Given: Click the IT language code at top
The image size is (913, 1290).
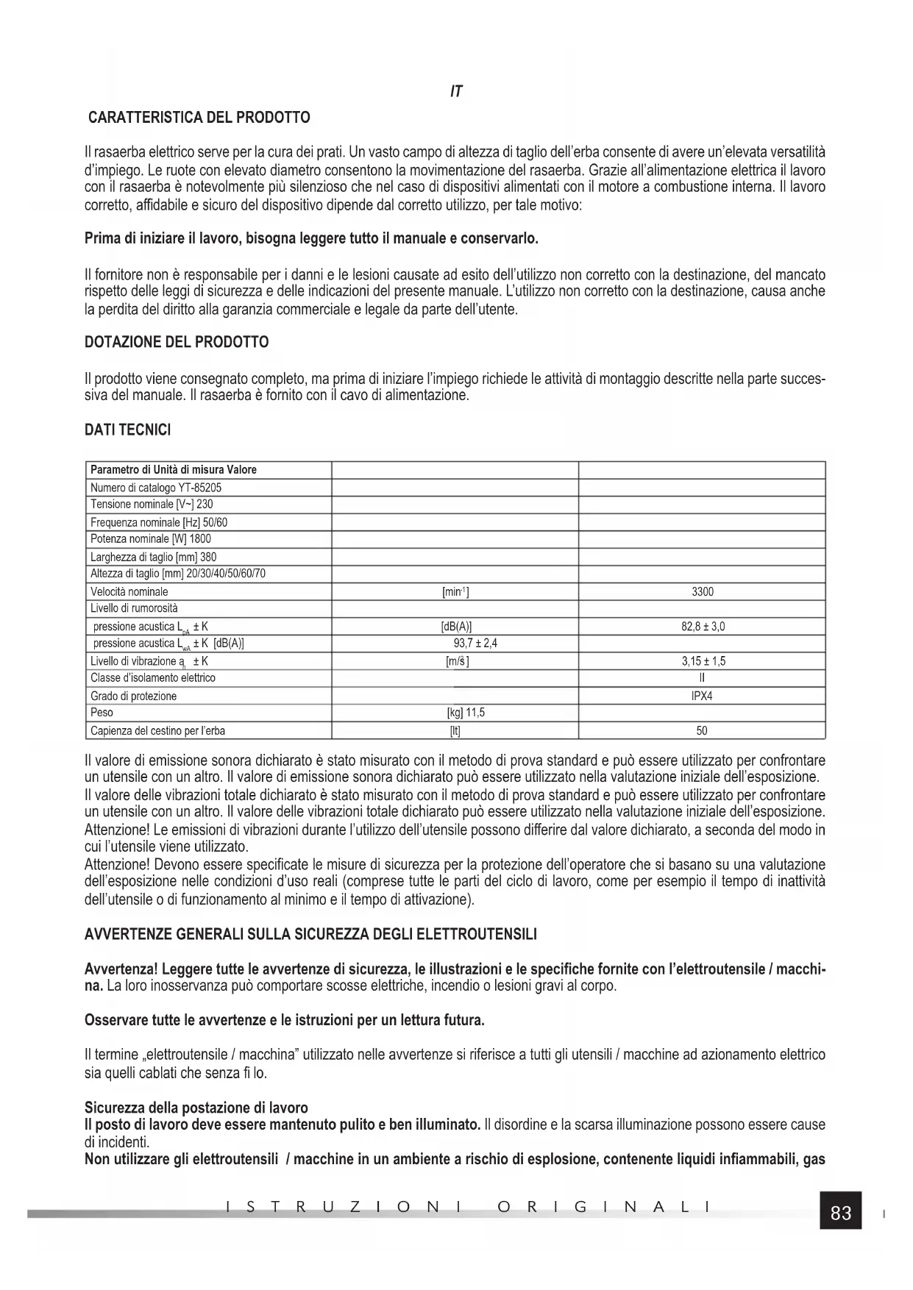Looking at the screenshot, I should (x=456, y=92).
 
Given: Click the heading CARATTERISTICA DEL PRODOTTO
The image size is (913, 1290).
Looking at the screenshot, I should (x=199, y=118).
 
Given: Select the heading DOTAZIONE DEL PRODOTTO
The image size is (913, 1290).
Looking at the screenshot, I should (x=177, y=342).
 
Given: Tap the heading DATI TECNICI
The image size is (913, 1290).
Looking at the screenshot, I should (x=127, y=430).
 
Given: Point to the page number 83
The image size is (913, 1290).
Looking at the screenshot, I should (x=841, y=1214).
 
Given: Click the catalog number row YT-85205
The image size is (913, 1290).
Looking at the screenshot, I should (x=156, y=488).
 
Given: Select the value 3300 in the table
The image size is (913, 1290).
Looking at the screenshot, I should (x=702, y=591).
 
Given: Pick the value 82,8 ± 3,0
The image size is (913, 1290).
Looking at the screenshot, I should (x=703, y=627).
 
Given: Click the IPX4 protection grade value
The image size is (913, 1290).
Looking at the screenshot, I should (x=702, y=696).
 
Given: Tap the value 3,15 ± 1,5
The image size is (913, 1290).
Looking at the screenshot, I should (x=703, y=661).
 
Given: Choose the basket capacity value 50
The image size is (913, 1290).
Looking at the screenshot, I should (x=702, y=731).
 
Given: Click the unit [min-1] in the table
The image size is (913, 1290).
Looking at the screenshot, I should (x=455, y=591).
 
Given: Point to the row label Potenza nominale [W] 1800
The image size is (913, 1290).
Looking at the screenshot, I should (x=151, y=539).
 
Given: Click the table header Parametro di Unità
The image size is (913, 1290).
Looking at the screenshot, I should (x=173, y=470).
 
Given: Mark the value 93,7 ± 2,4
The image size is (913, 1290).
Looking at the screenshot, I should (x=475, y=644).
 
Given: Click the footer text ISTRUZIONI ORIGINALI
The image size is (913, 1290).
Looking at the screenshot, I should (x=469, y=1207).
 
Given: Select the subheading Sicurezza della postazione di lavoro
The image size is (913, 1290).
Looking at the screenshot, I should (x=196, y=1108).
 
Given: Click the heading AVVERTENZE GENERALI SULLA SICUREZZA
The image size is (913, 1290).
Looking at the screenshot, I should (x=310, y=935).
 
